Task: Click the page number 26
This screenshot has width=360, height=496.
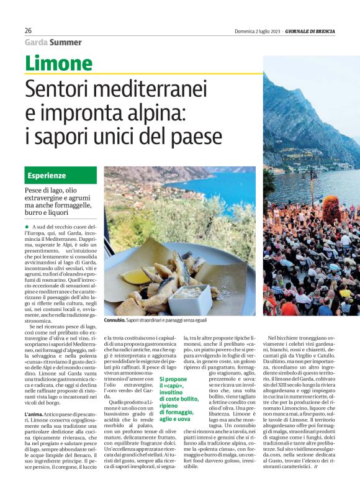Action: point(28,30)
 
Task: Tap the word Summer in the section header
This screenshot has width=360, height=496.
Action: point(66,42)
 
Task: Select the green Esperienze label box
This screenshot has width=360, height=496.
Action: point(61,176)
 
